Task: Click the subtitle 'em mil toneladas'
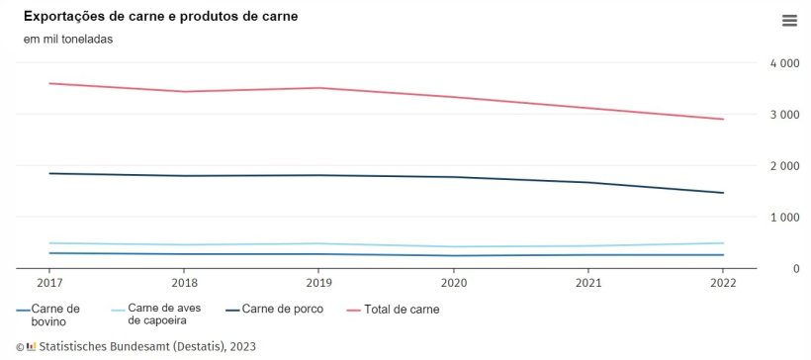68,40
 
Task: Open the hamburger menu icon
788,21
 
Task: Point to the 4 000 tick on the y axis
784,63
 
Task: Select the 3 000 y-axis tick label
784,115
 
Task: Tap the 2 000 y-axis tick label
784,166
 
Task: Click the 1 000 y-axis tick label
784,218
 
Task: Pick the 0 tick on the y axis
795,269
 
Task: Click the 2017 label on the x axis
49,281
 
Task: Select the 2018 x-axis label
184,281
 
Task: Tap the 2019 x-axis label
318,281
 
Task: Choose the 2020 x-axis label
453,281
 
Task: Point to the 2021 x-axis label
588,281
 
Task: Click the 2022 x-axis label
723,281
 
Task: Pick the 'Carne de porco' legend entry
282,310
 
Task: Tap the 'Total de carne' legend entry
401,310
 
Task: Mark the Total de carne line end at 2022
723,120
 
